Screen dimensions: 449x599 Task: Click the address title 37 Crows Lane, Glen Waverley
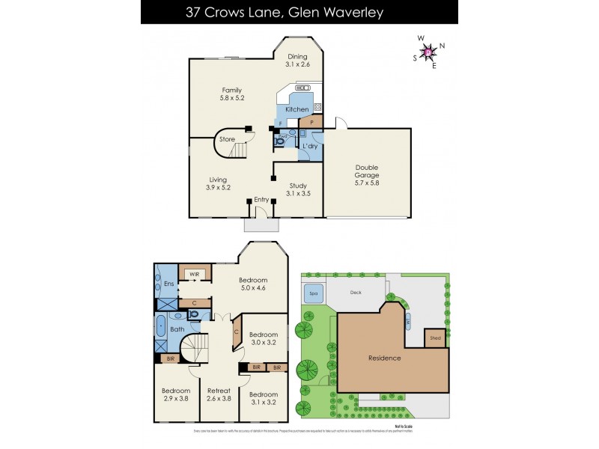[299, 12]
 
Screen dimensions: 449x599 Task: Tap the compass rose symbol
[428, 52]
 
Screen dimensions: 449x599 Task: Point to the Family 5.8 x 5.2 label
[231, 94]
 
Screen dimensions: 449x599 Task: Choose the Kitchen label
[297, 110]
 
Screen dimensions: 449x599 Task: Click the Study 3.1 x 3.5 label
[298, 189]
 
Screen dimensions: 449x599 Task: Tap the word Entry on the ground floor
[261, 200]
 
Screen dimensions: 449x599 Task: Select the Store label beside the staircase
[227, 139]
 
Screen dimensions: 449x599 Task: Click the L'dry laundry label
[311, 145]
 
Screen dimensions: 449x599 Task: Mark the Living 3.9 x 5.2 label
[218, 183]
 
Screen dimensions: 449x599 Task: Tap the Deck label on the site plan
[356, 293]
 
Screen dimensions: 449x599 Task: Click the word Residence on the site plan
[384, 358]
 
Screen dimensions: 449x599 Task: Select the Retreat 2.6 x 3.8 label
[219, 394]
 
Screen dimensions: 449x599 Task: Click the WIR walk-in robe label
[193, 275]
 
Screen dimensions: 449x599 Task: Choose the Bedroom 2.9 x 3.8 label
[177, 394]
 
